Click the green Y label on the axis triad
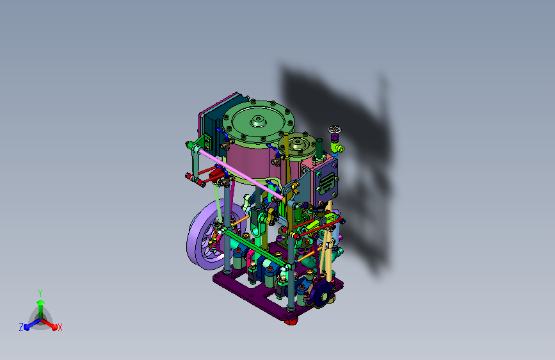pyautogui.click(x=40, y=293)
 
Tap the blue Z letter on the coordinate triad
pyautogui.click(x=21, y=327)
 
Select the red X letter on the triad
pyautogui.click(x=60, y=327)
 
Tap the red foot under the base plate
pyautogui.click(x=291, y=322)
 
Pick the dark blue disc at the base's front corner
pyautogui.click(x=323, y=295)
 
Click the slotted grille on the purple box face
pyautogui.click(x=327, y=183)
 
